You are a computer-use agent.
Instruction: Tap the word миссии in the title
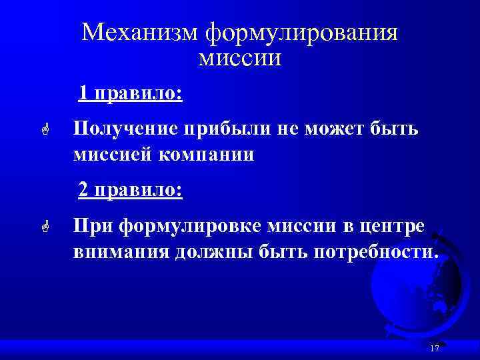[240, 59]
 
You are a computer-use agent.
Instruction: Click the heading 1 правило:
[130, 92]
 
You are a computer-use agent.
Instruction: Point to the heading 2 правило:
[131, 191]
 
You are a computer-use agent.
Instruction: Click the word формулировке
[190, 227]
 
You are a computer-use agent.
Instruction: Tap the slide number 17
[435, 349]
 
